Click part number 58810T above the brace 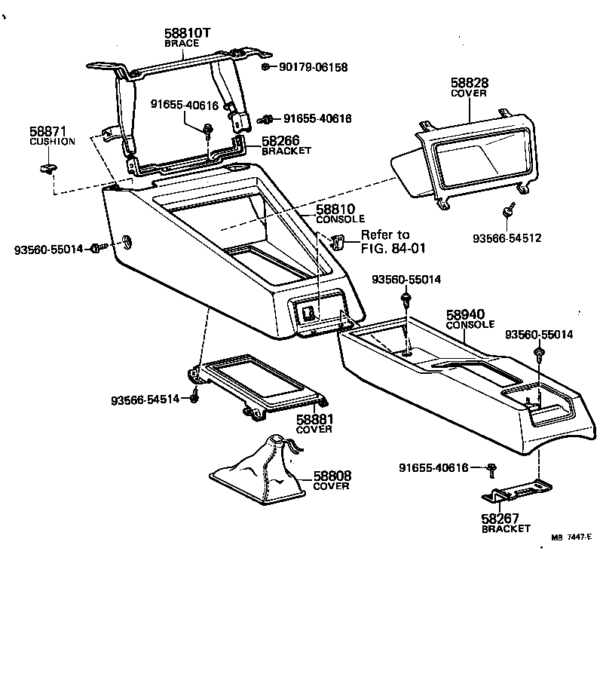click(188, 33)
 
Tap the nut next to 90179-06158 click(267, 67)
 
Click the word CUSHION click(52, 142)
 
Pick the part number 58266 click(280, 141)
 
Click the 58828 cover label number click(469, 84)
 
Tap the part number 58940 click(464, 314)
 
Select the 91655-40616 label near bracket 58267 click(433, 468)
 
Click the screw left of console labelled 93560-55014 click(97, 248)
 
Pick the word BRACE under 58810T click(182, 43)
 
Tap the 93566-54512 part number click(507, 238)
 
